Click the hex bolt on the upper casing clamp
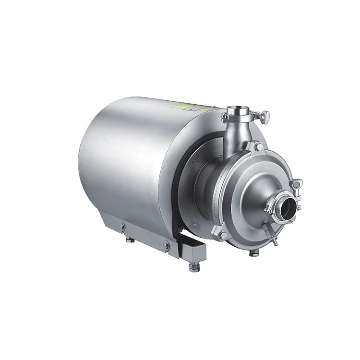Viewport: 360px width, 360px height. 258,147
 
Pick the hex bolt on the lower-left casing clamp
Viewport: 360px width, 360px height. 223,235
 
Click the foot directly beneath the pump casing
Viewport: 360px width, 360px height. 254,252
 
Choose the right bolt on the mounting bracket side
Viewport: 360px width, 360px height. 166,245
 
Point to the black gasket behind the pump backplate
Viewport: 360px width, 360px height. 179,192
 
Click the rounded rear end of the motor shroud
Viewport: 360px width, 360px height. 96,163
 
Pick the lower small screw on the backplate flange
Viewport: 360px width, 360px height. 194,224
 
